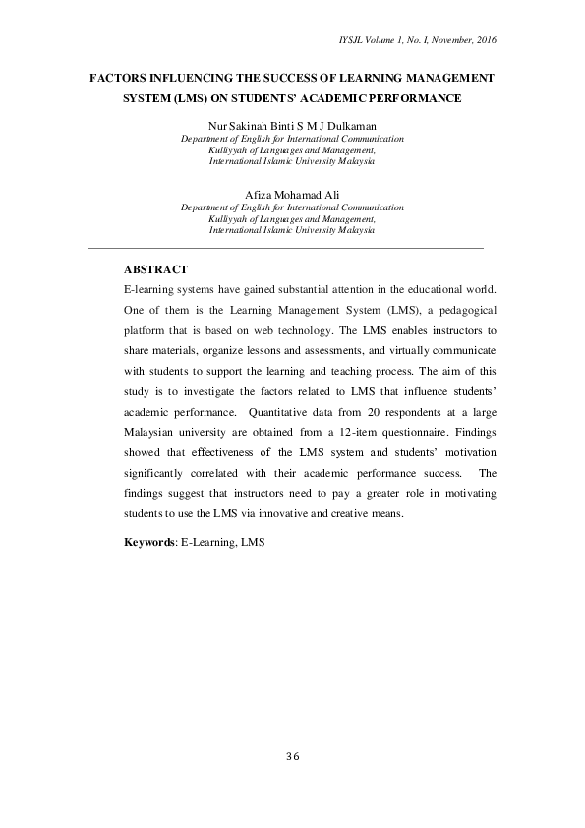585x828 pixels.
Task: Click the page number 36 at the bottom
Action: click(x=292, y=756)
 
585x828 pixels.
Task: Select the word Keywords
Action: click(x=148, y=542)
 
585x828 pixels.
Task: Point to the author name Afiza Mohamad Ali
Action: click(x=292, y=196)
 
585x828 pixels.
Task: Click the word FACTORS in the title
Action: click(x=122, y=76)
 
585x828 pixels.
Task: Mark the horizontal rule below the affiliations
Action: click(x=285, y=248)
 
